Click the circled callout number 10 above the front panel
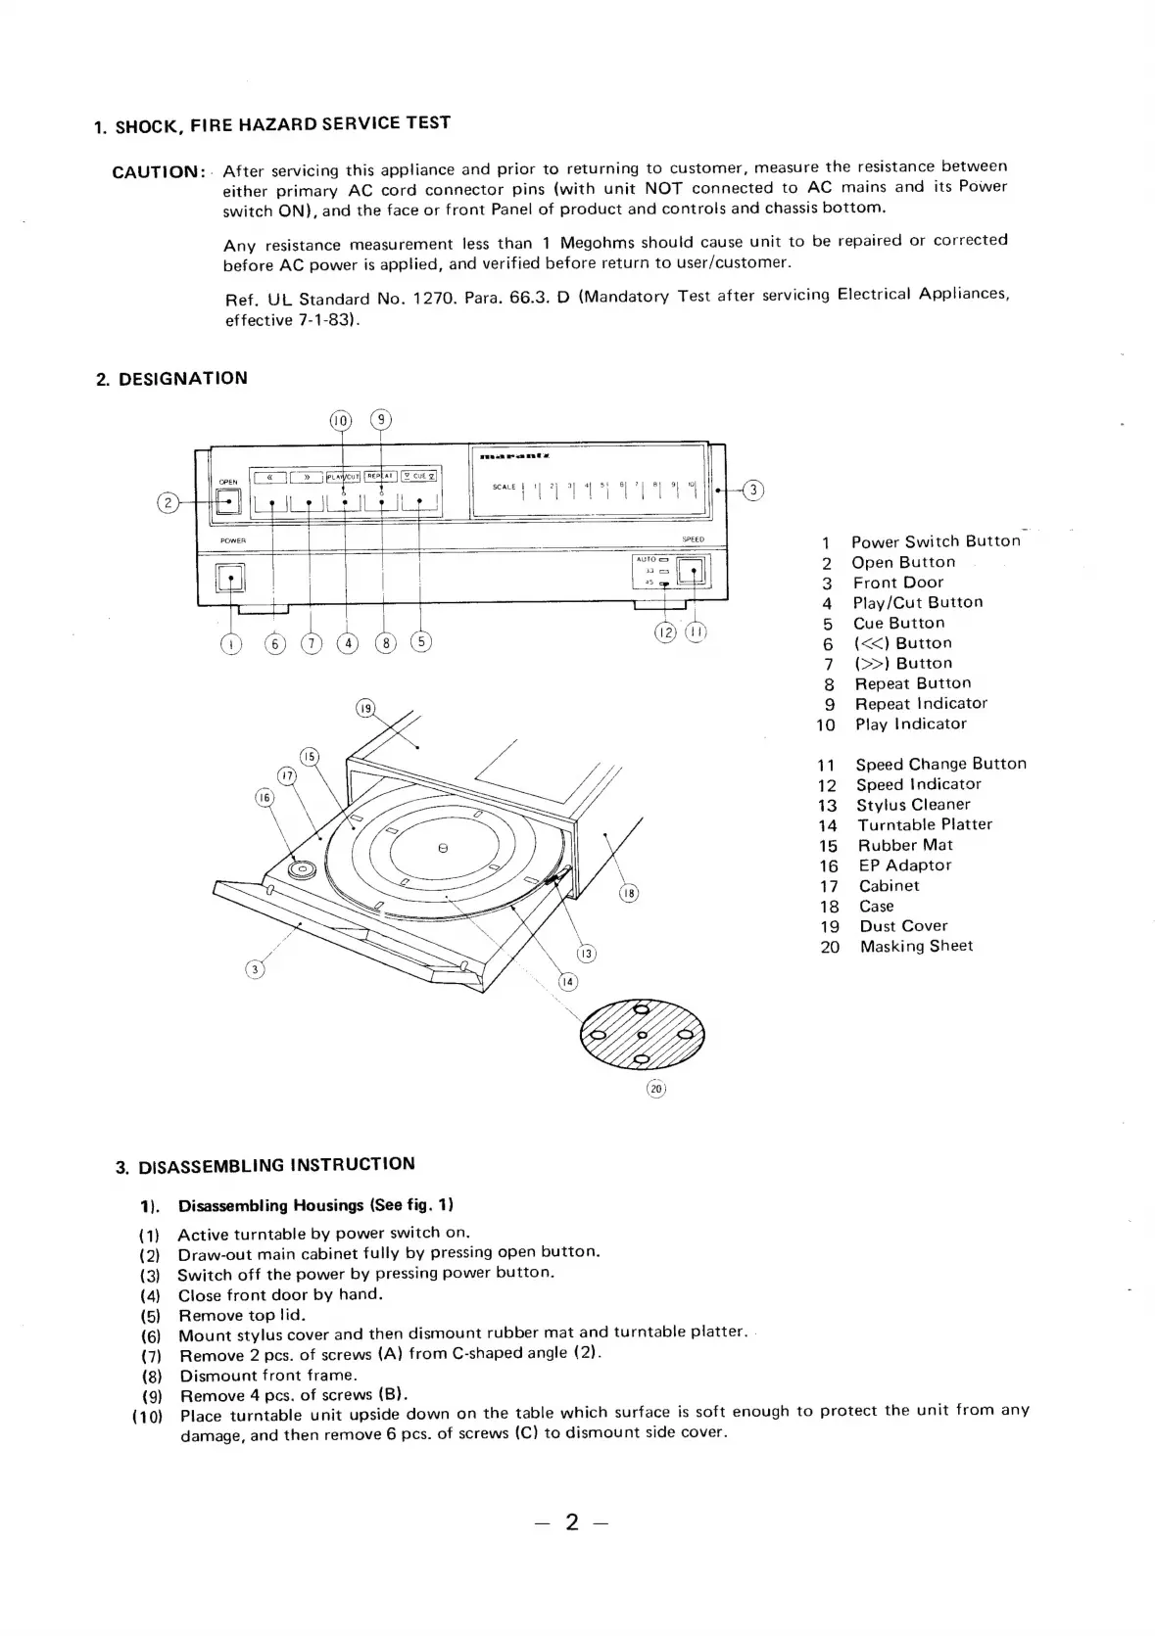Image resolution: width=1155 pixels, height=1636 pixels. [340, 421]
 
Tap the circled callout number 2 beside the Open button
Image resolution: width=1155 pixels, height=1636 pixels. [168, 502]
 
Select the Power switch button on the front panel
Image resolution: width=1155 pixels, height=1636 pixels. [230, 579]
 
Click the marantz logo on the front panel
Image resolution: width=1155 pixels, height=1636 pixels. [515, 456]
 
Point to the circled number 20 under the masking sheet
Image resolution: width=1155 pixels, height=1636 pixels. [655, 1089]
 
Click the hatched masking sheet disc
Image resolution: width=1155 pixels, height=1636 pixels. [642, 1035]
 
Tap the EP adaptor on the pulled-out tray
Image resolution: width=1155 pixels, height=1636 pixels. [302, 868]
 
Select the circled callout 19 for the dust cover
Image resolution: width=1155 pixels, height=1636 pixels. [365, 709]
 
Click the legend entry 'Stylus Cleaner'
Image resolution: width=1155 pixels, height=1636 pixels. [913, 805]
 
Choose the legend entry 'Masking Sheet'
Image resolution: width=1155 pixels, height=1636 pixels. [916, 947]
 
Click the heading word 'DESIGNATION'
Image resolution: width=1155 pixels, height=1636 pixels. [182, 379]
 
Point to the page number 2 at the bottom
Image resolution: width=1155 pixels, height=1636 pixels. [572, 1521]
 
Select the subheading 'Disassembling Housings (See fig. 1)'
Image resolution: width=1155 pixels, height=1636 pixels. [315, 1205]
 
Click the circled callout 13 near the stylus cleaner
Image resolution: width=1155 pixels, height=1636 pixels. [585, 954]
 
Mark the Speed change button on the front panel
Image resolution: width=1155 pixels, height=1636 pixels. [693, 572]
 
